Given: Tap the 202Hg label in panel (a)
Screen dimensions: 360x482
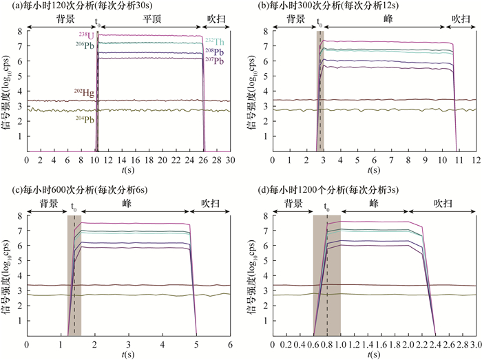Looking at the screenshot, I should [84, 92].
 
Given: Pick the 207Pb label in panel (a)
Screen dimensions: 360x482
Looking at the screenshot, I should [214, 61].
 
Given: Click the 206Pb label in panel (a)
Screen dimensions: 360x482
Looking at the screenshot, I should [84, 45].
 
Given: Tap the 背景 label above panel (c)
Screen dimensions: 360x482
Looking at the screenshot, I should [48, 204].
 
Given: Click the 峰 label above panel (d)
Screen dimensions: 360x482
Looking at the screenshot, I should [374, 204].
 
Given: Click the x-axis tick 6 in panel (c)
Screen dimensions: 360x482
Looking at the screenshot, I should [230, 343].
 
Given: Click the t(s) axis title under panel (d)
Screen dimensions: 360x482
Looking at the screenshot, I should [374, 354].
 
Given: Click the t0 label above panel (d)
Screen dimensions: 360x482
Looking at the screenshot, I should [326, 204].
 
